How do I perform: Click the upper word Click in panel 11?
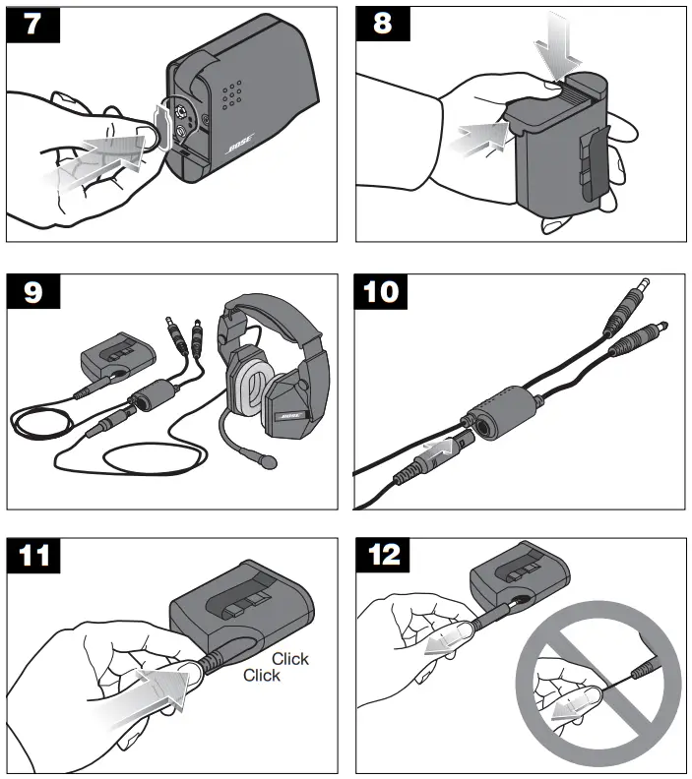(x=290, y=658)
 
